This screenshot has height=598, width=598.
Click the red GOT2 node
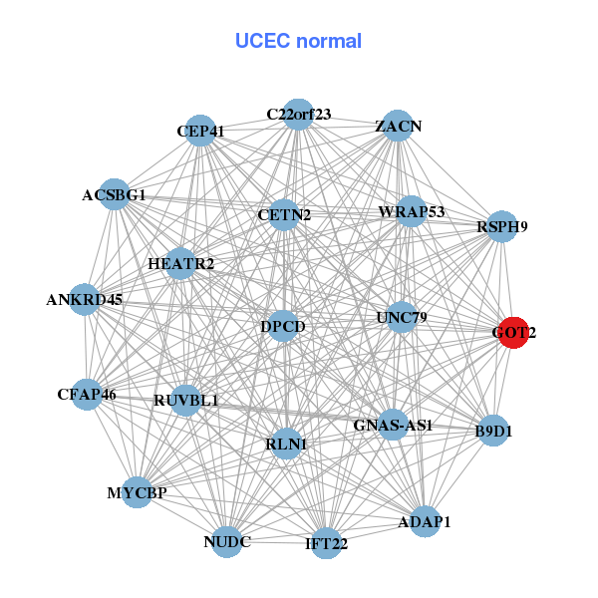coord(513,333)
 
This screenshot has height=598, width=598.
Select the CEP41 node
coord(201,132)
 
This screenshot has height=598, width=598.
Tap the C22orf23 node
coord(298,114)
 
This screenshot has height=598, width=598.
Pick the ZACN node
coord(398,126)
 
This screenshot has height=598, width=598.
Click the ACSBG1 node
coord(114,195)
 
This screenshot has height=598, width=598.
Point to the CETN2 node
coord(284,214)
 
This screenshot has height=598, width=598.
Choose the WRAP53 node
coord(411,212)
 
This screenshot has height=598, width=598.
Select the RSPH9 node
coord(502,226)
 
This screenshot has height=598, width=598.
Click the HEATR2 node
coord(180,264)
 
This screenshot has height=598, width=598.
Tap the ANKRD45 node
coord(85,299)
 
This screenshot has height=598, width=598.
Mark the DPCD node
coord(283,326)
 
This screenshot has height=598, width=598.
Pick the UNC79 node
coord(402,318)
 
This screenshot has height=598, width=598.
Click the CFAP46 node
coord(87,395)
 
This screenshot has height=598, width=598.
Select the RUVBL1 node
coord(186,401)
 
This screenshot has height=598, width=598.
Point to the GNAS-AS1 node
coord(393,426)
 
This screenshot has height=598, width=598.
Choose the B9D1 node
coord(493,432)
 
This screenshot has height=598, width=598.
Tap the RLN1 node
coord(286,444)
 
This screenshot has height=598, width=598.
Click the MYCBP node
coord(138,492)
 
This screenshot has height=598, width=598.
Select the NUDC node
coord(227,541)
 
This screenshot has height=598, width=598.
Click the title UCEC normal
coord(298,41)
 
